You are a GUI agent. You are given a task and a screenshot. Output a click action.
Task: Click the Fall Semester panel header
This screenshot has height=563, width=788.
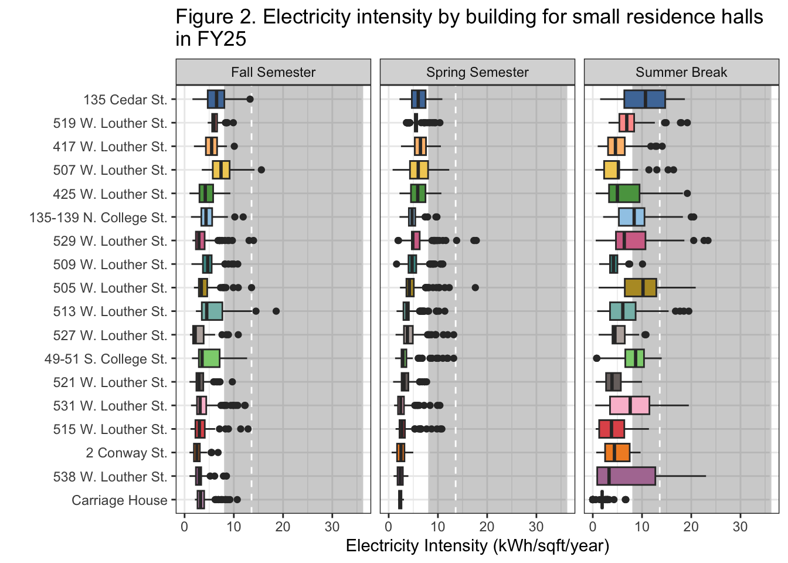coord(273,72)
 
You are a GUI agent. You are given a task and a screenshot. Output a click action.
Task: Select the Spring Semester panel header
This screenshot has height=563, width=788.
coord(477,72)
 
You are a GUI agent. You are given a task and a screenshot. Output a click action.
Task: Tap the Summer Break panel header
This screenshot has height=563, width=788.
coord(681,72)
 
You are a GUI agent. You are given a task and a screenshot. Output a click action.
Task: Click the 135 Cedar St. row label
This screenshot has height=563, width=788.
coord(125,100)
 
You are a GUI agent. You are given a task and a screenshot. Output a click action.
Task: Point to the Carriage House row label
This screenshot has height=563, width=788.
coord(120,500)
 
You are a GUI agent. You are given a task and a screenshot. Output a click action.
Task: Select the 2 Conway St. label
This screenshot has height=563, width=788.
coord(127,453)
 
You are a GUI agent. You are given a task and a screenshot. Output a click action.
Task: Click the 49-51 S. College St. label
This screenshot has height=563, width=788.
coord(106,359)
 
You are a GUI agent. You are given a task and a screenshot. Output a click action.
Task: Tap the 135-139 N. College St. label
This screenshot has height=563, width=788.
coord(98,218)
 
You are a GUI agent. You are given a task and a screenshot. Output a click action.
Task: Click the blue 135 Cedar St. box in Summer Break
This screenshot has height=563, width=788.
coord(644,99)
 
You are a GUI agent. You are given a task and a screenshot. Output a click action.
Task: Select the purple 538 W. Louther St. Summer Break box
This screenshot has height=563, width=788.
coord(626,476)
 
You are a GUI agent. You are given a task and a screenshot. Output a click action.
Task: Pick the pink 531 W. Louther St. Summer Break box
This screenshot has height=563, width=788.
coord(630,405)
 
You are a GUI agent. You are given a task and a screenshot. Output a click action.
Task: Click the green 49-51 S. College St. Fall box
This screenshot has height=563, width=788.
coord(209,358)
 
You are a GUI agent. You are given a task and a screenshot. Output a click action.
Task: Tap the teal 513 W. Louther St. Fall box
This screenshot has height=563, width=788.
coord(212,311)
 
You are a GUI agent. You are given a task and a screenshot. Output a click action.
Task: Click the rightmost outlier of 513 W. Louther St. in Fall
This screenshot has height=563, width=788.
coord(276,311)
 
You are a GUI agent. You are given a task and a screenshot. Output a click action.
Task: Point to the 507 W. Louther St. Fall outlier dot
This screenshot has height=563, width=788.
coord(261,170)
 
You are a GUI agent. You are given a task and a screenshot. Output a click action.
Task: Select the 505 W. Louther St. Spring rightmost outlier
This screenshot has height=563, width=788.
coord(475,287)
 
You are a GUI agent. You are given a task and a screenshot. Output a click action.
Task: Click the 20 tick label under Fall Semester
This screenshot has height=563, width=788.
coord(283,526)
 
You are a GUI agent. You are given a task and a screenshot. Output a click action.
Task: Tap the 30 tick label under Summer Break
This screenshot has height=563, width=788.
coord(740,526)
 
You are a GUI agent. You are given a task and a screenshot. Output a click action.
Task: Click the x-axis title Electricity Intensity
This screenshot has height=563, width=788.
coord(477,546)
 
